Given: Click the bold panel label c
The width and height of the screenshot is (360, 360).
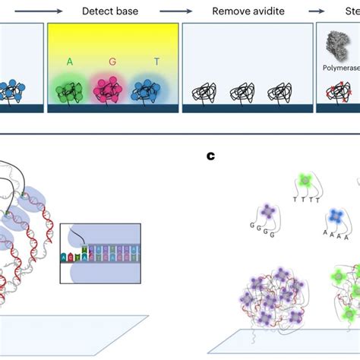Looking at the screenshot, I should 210,157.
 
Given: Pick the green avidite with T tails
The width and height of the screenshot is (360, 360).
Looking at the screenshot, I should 305,180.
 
